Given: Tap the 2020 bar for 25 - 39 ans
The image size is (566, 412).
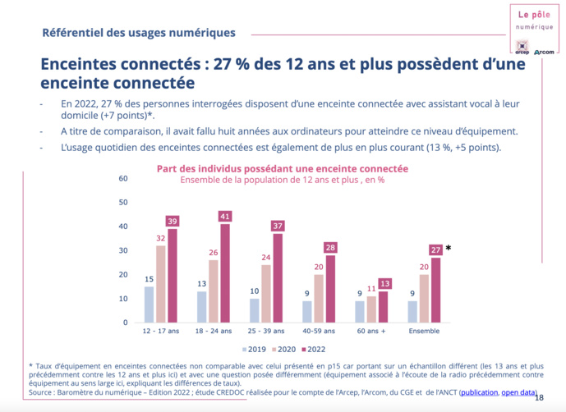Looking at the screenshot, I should click(266, 293).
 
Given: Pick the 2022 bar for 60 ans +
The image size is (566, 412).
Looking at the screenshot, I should click(383, 306).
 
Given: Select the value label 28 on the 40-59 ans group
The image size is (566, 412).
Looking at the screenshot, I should click(329, 248).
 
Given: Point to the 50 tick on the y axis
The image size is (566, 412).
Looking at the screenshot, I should click(123, 202).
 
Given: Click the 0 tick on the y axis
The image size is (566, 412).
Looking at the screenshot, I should click(126, 323).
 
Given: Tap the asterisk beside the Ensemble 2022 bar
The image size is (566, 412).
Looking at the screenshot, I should click(449, 249).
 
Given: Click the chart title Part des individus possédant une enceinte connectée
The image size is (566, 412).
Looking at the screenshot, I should click(283, 168).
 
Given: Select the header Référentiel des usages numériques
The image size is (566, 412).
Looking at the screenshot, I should click(139, 33).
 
